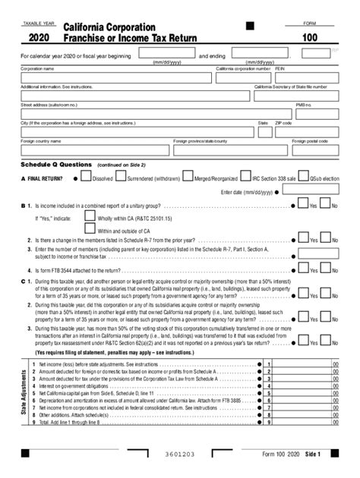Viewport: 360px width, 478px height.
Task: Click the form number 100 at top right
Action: point(309,36)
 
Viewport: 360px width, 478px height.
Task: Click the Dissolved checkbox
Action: point(87,179)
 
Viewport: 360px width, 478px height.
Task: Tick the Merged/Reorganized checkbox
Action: point(188,179)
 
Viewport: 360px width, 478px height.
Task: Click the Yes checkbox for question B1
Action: point(302,206)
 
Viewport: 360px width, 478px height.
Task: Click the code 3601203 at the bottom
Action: point(179,454)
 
